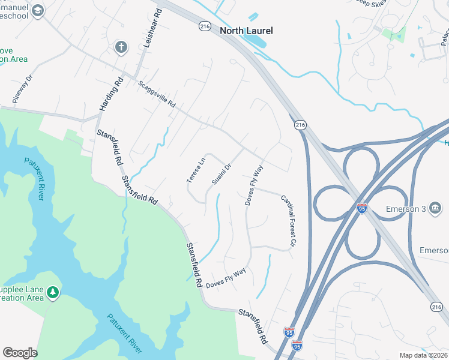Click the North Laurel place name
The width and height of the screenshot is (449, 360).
pyautogui.click(x=246, y=31)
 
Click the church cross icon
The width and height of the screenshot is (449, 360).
pyautogui.click(x=121, y=46)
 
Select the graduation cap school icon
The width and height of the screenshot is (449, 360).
pyautogui.click(x=38, y=11)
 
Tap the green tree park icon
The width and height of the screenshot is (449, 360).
pyautogui.click(x=54, y=292)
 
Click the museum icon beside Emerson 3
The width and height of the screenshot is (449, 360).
pyautogui.click(x=436, y=208)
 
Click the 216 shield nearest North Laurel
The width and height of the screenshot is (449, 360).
pyautogui.click(x=205, y=26)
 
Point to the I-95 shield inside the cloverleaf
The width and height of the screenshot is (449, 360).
pyautogui.click(x=362, y=208)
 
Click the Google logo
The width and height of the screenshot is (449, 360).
pyautogui.click(x=20, y=353)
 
